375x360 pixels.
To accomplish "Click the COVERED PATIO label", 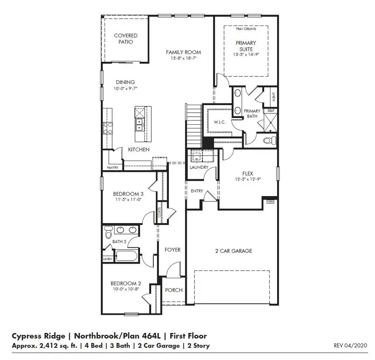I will (126, 39).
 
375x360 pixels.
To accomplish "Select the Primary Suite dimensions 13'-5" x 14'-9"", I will (246, 55).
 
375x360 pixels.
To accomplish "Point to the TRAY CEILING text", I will (246, 29).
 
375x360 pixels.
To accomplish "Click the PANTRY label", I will (112, 168).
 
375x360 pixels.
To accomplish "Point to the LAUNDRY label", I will (199, 167).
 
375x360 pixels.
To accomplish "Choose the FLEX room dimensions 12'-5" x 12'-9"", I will (248, 179).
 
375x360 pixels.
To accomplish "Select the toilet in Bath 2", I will (108, 231).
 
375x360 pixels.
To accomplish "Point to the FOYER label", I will (172, 249).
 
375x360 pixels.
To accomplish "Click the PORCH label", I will (174, 290).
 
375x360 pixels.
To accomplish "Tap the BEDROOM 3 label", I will (128, 194).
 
